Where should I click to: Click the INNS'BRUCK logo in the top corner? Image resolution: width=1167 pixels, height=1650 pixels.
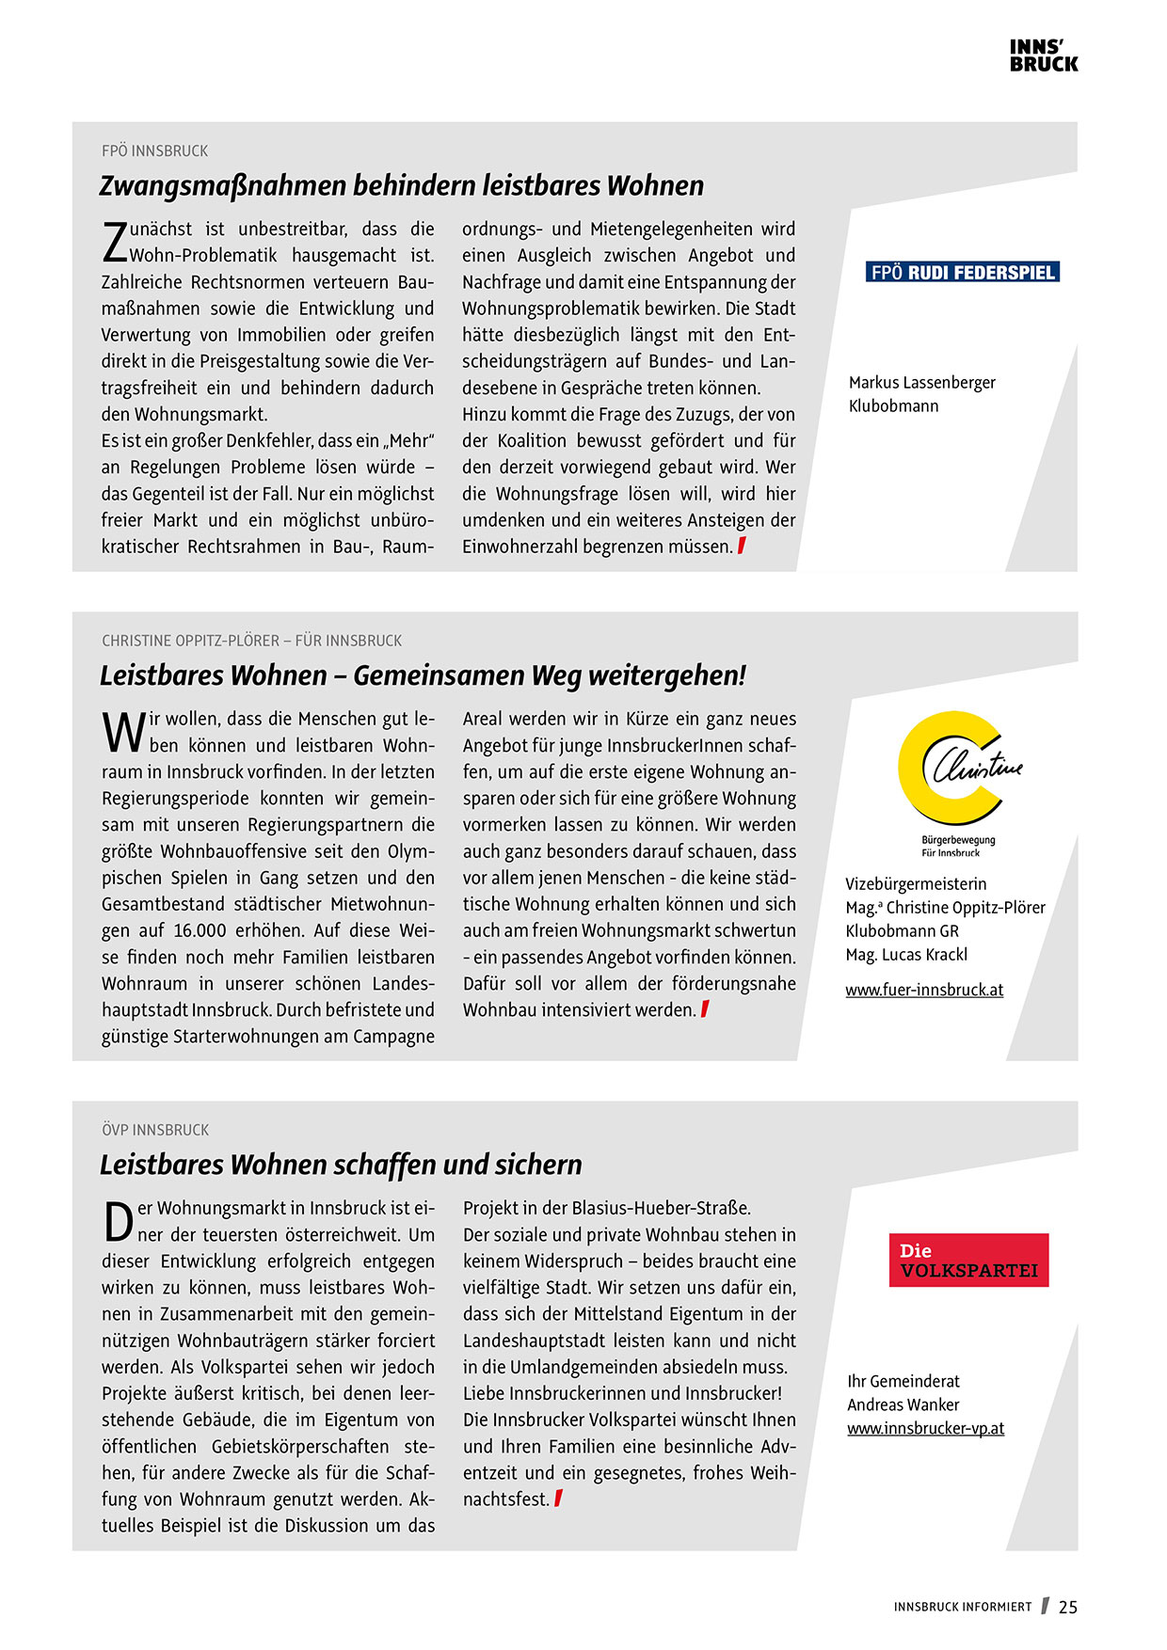[1044, 56]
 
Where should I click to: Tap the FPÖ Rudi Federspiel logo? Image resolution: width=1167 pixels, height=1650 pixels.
[962, 273]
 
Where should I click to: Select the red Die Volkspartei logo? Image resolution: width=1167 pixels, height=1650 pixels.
[968, 1260]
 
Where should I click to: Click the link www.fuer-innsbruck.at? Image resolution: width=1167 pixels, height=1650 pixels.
[923, 990]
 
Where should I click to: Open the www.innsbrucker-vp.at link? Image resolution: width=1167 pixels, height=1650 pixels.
[925, 1428]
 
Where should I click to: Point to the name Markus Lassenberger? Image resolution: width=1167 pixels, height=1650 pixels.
[921, 382]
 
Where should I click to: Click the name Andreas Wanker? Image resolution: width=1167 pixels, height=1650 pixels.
[903, 1404]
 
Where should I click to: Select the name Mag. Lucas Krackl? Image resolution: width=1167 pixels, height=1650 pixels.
[905, 954]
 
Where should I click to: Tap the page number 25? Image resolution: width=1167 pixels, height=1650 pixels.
[1067, 1607]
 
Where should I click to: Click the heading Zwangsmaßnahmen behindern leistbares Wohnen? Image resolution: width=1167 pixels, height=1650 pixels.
[401, 186]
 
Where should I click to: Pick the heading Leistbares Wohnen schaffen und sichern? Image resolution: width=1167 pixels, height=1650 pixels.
[341, 1165]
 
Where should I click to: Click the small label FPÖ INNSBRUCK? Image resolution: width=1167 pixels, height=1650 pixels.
[154, 151]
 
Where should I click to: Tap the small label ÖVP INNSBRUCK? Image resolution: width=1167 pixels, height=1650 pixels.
[155, 1130]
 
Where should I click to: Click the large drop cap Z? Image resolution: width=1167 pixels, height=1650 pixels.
[114, 243]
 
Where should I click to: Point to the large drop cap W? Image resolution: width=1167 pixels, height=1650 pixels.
[123, 733]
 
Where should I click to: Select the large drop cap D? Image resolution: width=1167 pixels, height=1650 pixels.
[118, 1222]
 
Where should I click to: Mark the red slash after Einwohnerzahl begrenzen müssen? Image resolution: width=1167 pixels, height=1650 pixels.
[742, 546]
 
